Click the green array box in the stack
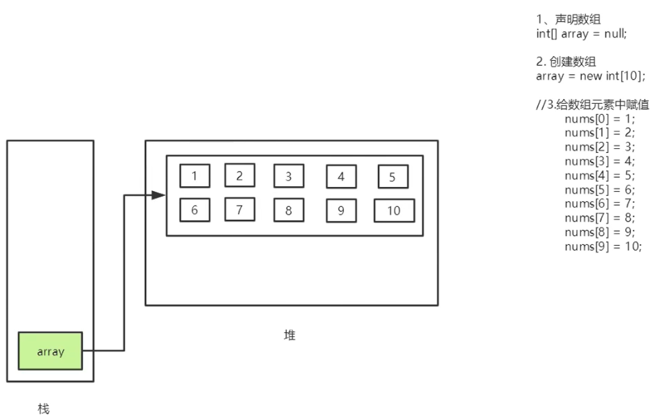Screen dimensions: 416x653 click(50, 351)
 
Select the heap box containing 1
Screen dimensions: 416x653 click(194, 176)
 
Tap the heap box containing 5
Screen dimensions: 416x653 click(392, 177)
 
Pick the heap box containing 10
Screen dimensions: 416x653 click(394, 210)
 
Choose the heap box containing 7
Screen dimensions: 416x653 click(239, 209)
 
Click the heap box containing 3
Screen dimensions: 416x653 click(288, 176)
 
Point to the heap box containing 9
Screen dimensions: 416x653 click(341, 210)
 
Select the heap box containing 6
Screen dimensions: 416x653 click(194, 210)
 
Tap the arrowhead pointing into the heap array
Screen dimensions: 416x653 click(158, 195)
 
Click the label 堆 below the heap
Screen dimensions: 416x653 click(290, 335)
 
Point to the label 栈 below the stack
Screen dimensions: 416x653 click(44, 408)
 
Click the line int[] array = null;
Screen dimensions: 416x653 click(581, 33)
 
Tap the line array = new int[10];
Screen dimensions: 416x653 click(590, 75)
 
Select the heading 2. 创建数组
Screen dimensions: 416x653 click(568, 62)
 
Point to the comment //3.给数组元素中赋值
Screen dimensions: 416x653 click(593, 105)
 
